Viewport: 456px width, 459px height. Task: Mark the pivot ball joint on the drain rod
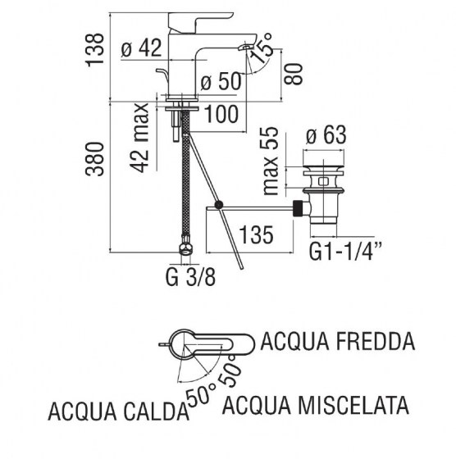point(218,205)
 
